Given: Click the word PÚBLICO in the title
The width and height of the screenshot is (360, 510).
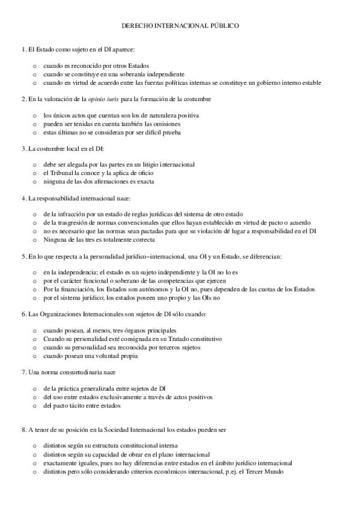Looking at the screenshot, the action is [224, 26].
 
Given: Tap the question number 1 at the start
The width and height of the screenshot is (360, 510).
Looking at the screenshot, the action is [22, 49].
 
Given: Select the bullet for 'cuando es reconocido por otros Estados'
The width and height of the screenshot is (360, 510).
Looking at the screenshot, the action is [35, 66].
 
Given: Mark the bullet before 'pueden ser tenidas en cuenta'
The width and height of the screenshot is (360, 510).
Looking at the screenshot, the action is [35, 123].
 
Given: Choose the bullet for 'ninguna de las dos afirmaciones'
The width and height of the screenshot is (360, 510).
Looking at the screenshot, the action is [35, 181].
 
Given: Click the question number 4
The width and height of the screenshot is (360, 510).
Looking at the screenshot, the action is [22, 198].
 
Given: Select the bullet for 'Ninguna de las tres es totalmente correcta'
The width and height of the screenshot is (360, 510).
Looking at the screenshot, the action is [35, 240].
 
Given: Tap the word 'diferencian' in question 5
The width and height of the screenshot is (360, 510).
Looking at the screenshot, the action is [273, 256].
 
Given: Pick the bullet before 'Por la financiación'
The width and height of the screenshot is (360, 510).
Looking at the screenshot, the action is [35, 289].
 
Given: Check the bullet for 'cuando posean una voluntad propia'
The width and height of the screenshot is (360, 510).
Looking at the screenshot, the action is [35, 356].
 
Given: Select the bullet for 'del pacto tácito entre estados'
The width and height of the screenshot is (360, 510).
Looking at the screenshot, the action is [35, 405].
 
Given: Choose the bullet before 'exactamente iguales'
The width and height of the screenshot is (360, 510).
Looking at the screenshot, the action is [35, 464].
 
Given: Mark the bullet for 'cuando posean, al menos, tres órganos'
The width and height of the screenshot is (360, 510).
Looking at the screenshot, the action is [35, 331].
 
